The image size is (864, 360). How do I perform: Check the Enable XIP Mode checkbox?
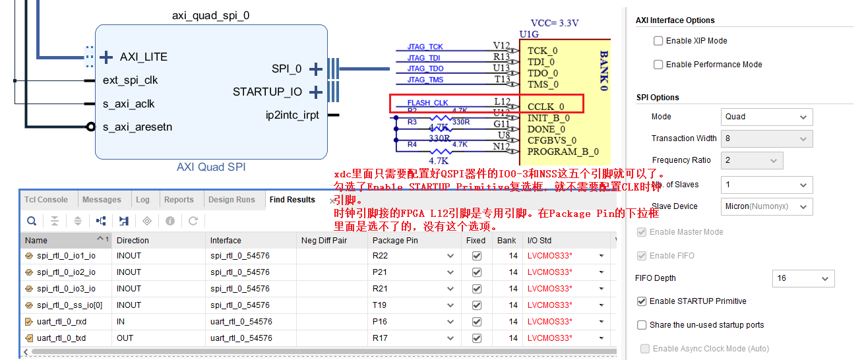click(658, 41)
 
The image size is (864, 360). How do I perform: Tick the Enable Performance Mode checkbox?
click(658, 65)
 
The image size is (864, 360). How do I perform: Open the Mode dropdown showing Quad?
click(766, 117)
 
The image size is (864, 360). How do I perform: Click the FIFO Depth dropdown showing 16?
click(803, 278)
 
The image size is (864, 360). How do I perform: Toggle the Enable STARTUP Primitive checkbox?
click(642, 301)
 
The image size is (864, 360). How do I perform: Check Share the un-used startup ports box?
click(642, 325)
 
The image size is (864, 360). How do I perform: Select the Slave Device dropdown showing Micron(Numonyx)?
click(766, 206)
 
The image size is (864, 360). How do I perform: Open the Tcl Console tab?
click(46, 200)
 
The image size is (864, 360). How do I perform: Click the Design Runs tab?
click(231, 200)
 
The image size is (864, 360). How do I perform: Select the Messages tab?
click(102, 200)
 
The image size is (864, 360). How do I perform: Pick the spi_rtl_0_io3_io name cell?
click(66, 289)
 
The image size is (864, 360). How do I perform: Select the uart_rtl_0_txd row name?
click(61, 338)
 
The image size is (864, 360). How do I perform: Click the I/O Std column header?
click(539, 241)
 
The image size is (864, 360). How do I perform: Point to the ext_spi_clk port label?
click(131, 80)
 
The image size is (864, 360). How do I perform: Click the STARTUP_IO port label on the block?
click(267, 92)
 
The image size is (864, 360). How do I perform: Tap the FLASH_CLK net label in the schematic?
click(427, 103)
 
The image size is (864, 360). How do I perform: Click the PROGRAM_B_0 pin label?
click(563, 152)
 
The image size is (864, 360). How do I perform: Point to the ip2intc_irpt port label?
click(292, 115)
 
